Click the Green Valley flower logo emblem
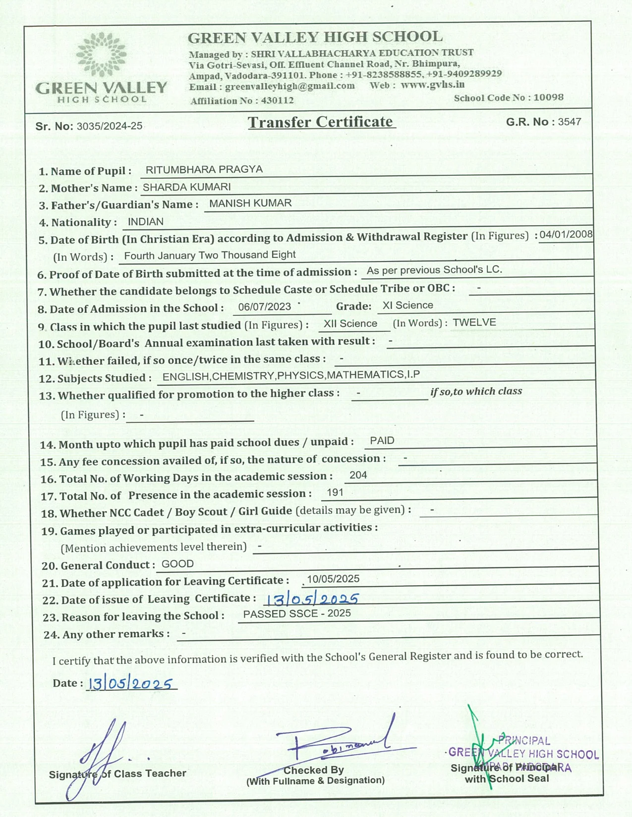(x=102, y=55)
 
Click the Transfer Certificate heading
(x=321, y=122)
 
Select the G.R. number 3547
(x=570, y=122)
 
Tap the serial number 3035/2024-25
(x=110, y=126)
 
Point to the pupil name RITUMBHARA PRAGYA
(x=204, y=169)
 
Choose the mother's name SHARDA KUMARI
(x=187, y=187)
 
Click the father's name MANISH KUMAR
(x=250, y=204)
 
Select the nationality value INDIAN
(x=146, y=222)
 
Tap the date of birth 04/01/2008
(x=566, y=234)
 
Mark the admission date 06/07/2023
(x=265, y=307)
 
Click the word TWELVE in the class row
(x=474, y=322)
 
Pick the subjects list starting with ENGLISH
(x=291, y=376)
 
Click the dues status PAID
(x=382, y=441)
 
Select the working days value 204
(x=358, y=475)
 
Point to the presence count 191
(x=335, y=493)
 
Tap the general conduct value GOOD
(x=177, y=564)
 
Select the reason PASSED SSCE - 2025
(x=297, y=613)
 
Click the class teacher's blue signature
(x=102, y=755)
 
